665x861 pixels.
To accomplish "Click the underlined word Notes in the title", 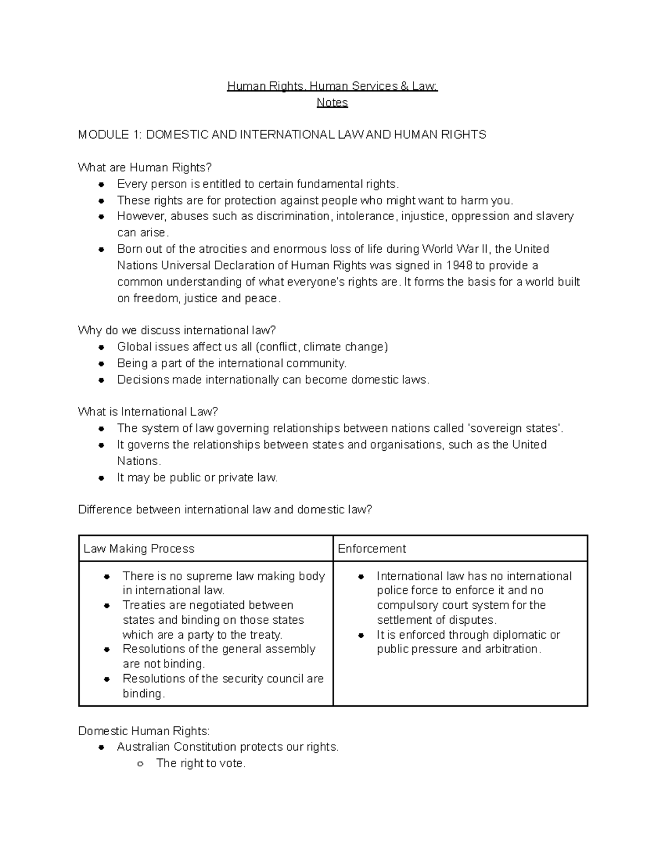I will coord(332,103).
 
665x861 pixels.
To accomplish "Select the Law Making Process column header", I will coord(139,549).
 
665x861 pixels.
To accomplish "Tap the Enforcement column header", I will coord(372,549).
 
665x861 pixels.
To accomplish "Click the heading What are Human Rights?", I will coord(145,167).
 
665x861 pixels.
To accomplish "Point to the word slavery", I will coord(555,216).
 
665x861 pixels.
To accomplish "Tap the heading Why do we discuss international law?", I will coord(177,330).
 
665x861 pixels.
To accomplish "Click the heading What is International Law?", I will coord(148,412).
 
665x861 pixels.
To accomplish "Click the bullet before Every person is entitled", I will coord(101,185).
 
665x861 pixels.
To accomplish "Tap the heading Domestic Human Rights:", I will coord(144,731).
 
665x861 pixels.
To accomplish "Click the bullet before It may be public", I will coord(101,478).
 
